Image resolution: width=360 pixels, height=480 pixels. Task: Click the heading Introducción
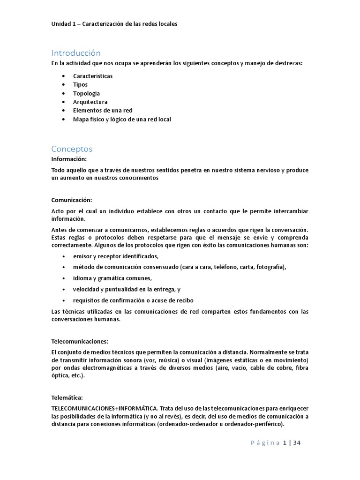76,53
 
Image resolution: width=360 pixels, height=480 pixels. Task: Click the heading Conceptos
72,149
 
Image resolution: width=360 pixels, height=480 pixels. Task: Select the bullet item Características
93,76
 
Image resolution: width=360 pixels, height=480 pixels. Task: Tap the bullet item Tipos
80,84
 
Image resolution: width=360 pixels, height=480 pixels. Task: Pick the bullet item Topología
86,93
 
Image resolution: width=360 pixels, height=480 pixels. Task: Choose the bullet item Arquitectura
90,102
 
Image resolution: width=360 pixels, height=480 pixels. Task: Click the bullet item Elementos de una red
103,111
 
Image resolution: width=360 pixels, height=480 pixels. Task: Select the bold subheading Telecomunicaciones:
80,341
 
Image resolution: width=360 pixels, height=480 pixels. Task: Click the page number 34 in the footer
297,442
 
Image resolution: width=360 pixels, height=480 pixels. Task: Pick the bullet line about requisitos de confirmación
133,300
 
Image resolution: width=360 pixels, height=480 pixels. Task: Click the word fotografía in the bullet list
268,267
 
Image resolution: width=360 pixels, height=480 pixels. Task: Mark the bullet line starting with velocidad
127,289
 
